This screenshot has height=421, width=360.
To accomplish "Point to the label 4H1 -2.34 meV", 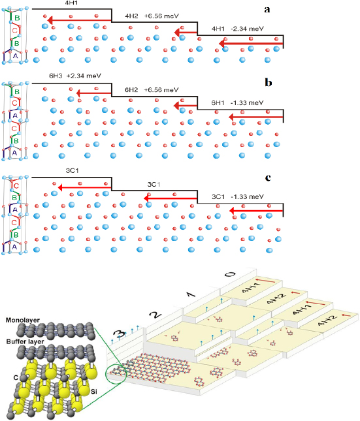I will point(238,29).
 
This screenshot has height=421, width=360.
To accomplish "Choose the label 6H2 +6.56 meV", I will point(152,89).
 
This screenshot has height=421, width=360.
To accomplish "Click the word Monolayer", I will point(23,321).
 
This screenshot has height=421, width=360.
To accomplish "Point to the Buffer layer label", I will point(24,339).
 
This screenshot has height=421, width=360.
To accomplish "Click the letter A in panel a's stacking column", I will point(14,56).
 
